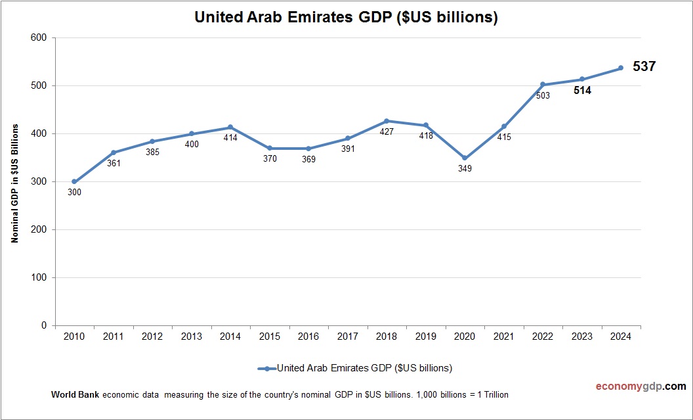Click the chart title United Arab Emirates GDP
tap(346, 18)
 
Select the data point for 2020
tap(465, 158)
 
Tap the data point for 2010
tap(74, 181)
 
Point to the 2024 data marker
tap(621, 68)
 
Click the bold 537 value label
tap(644, 66)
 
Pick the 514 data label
tap(582, 91)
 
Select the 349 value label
tap(465, 169)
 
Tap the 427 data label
tap(387, 131)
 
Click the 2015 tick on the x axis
tap(269, 337)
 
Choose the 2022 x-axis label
tap(543, 337)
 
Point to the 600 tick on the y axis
tap(39, 38)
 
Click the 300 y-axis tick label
tap(39, 182)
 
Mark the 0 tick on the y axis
tap(44, 325)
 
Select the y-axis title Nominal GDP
tap(14, 182)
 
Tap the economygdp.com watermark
tap(631, 386)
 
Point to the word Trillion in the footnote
tap(493, 395)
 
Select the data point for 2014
tap(230, 127)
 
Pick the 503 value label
tap(543, 95)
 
